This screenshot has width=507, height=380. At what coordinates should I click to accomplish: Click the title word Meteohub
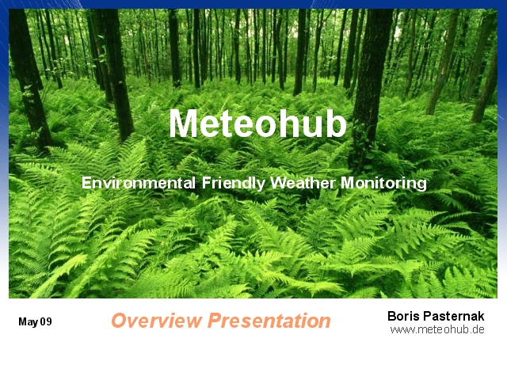pyautogui.click(x=257, y=123)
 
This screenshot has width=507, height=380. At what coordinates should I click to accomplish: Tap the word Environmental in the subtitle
pyautogui.click(x=139, y=183)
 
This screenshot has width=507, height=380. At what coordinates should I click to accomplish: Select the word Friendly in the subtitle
pyautogui.click(x=234, y=183)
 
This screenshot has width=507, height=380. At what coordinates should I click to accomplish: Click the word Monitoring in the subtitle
pyautogui.click(x=383, y=183)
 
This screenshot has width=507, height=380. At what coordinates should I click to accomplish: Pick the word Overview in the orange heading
pyautogui.click(x=157, y=320)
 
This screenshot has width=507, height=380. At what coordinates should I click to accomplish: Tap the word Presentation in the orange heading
pyautogui.click(x=269, y=320)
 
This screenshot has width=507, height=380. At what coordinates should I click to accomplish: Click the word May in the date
pyautogui.click(x=29, y=322)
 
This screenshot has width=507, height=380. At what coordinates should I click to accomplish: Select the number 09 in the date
pyautogui.click(x=46, y=321)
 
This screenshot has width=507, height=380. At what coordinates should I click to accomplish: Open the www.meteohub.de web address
pyautogui.click(x=437, y=329)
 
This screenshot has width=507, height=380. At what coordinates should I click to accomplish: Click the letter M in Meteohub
pyautogui.click(x=182, y=123)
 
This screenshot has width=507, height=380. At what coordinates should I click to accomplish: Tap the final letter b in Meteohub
pyautogui.click(x=337, y=123)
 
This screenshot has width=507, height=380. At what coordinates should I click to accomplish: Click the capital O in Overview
pyautogui.click(x=120, y=321)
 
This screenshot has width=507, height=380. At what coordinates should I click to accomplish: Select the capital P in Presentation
pyautogui.click(x=217, y=320)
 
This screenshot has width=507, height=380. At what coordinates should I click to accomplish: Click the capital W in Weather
pyautogui.click(x=280, y=183)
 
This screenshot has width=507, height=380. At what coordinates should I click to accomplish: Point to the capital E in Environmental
pyautogui.click(x=86, y=183)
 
